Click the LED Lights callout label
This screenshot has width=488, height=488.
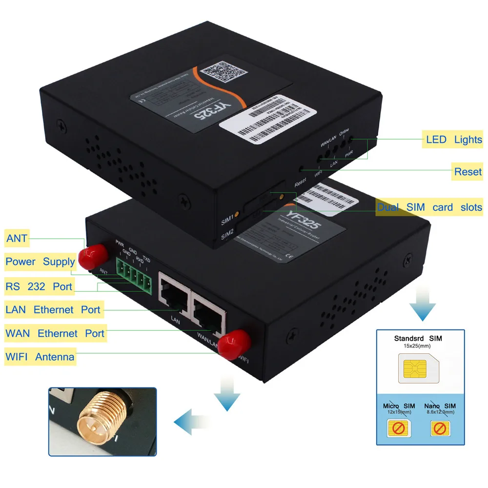click(x=454, y=140)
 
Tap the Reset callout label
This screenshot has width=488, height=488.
click(x=468, y=171)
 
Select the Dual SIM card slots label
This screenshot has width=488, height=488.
click(x=429, y=207)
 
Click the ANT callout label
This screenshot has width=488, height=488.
click(x=17, y=239)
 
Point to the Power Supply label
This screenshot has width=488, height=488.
click(x=40, y=262)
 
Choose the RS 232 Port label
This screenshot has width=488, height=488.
click(x=39, y=286)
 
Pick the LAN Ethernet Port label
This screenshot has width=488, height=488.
click(x=53, y=309)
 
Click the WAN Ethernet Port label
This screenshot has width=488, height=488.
click(x=55, y=333)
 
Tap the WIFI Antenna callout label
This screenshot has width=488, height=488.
click(x=40, y=357)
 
